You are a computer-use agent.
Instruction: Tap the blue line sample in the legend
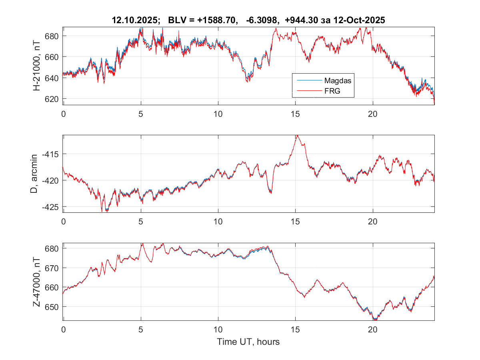(309, 80)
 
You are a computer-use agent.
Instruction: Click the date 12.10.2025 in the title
(134, 20)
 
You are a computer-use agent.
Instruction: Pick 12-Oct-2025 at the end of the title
(362, 20)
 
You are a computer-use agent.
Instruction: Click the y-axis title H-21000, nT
(37, 66)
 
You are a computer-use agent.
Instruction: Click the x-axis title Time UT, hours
(248, 342)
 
